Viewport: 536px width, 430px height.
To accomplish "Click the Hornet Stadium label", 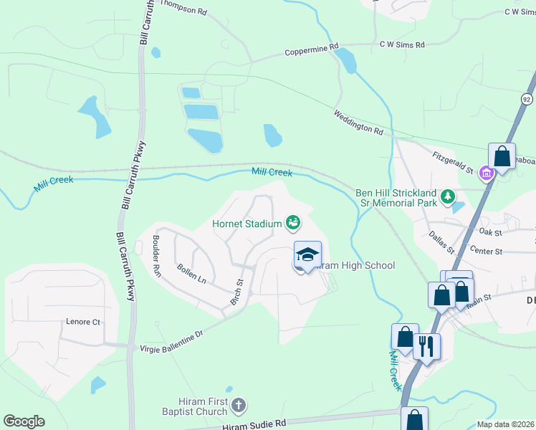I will point(247,224).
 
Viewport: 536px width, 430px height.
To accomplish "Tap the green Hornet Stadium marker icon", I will point(293,223).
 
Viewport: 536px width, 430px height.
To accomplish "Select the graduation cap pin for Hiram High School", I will point(307,256).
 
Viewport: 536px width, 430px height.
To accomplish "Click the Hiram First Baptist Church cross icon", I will point(239,406).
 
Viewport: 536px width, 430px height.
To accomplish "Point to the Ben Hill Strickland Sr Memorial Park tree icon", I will point(448,196).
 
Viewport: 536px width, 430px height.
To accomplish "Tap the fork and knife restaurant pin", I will point(427,346).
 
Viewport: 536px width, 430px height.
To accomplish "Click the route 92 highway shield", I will point(527,99).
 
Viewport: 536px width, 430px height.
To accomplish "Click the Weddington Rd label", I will point(358,122).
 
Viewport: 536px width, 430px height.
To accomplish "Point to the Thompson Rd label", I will point(183,8).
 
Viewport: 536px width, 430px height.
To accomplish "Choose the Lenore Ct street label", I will point(83,322).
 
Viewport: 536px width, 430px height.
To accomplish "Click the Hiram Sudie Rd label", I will point(254,424).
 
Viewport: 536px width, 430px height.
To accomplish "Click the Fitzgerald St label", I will point(453,163).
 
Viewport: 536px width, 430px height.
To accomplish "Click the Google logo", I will point(24,421).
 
